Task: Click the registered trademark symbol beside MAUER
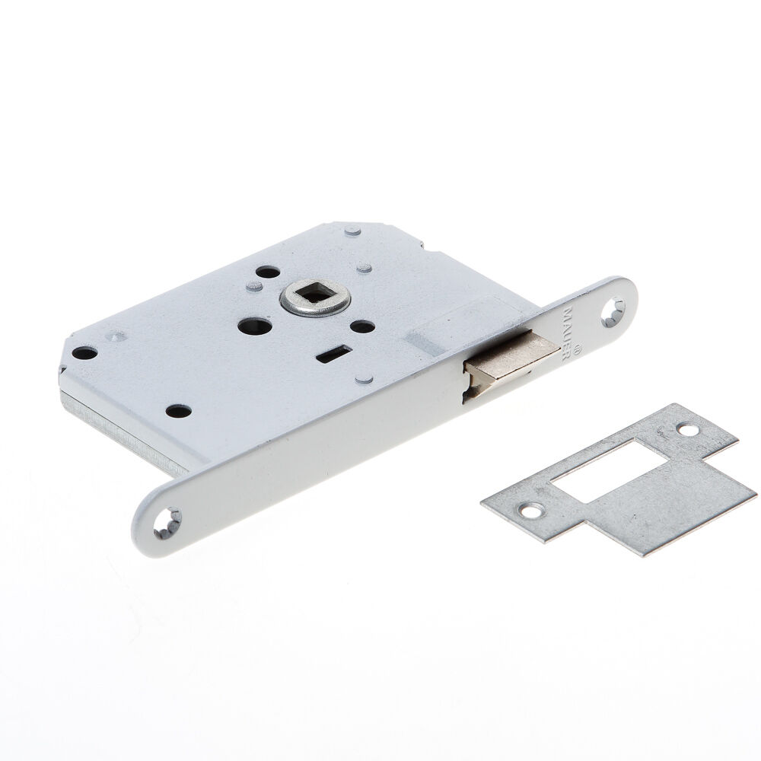coord(577,348)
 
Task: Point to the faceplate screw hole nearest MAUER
coord(612,313)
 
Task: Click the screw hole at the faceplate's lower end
coord(167,524)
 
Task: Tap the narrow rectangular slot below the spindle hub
coord(334,355)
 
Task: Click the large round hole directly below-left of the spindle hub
coord(255,326)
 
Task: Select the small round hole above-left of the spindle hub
coord(267,272)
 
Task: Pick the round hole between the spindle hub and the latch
coord(362,326)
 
